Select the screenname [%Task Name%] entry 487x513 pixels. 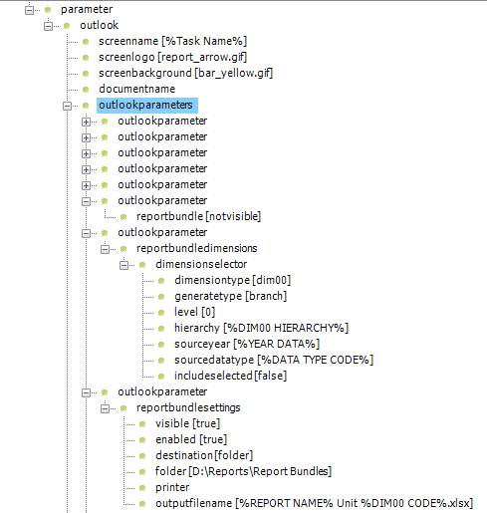click(x=172, y=41)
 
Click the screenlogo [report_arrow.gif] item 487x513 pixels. click(x=172, y=57)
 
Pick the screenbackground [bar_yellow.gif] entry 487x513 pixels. click(x=185, y=73)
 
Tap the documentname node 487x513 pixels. click(x=136, y=89)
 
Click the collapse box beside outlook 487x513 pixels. click(x=48, y=26)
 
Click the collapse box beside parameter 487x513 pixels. click(x=29, y=10)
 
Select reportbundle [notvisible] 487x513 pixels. click(x=198, y=216)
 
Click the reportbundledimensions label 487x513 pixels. click(x=197, y=248)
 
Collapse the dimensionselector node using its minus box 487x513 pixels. click(x=123, y=265)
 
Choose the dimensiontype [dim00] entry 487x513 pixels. click(x=232, y=280)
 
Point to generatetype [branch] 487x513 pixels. click(x=230, y=296)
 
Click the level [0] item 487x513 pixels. click(x=194, y=312)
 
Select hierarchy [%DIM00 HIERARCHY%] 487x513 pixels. click(x=261, y=328)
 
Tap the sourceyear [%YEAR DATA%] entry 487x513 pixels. click(x=247, y=344)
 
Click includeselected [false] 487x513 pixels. click(x=230, y=376)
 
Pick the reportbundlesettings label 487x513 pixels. click(x=188, y=407)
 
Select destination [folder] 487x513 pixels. click(x=204, y=455)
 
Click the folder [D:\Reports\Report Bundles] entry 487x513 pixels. click(x=243, y=471)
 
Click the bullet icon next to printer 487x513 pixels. click(x=142, y=488)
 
